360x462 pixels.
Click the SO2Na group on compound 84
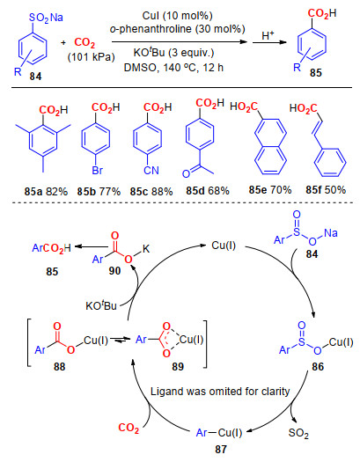coord(46,18)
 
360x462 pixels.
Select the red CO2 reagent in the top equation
coord(84,43)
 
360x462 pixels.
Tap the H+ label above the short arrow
coord(268,35)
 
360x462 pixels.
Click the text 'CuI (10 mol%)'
coord(177,16)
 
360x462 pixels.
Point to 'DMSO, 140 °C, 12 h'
coord(173,68)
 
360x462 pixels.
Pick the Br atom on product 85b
coord(97,171)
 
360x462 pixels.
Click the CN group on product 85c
coord(151,171)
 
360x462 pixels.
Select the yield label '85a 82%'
coord(46,192)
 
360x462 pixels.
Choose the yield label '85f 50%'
coord(326,190)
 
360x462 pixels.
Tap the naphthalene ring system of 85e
coord(270,146)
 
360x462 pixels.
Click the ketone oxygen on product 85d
coord(186,174)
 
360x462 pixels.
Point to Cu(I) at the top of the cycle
coord(224,246)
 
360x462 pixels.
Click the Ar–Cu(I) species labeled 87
coord(219,433)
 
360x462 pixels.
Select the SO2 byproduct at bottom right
coord(298,433)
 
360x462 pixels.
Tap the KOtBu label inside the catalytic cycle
coord(101,305)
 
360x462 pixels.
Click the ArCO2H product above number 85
coord(52,248)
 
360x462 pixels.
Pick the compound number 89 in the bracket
coord(178,367)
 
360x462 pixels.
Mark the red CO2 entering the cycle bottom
coord(129,428)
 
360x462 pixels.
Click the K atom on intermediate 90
coord(146,249)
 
